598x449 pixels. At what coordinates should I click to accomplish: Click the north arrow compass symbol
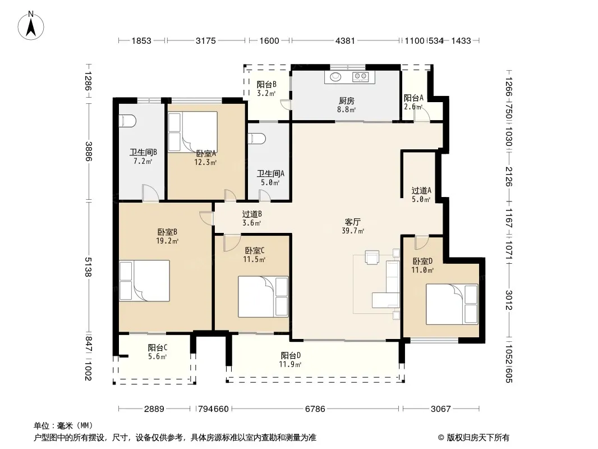[31, 26]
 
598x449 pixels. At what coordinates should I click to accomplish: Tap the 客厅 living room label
[353, 222]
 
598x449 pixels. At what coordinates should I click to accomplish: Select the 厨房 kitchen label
[346, 100]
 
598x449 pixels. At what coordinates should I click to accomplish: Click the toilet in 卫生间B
[127, 121]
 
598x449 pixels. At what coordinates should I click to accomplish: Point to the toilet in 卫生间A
[256, 139]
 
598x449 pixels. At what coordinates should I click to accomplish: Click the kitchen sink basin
[335, 77]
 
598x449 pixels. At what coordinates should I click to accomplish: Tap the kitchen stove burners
[360, 77]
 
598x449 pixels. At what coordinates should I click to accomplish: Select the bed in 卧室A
[193, 131]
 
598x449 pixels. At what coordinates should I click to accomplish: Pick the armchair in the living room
[372, 256]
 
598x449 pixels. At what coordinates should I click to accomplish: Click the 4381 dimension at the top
[345, 40]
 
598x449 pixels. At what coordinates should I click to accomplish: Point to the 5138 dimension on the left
[89, 267]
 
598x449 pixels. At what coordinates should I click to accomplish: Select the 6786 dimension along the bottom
[315, 409]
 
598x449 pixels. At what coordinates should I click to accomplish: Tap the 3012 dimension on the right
[509, 300]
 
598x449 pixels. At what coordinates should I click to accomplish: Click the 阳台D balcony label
[291, 355]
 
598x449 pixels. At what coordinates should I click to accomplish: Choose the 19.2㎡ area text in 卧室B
[167, 241]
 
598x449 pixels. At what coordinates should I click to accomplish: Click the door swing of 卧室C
[232, 243]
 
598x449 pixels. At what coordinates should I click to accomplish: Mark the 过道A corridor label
[421, 190]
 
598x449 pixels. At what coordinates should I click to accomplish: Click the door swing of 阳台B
[286, 104]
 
